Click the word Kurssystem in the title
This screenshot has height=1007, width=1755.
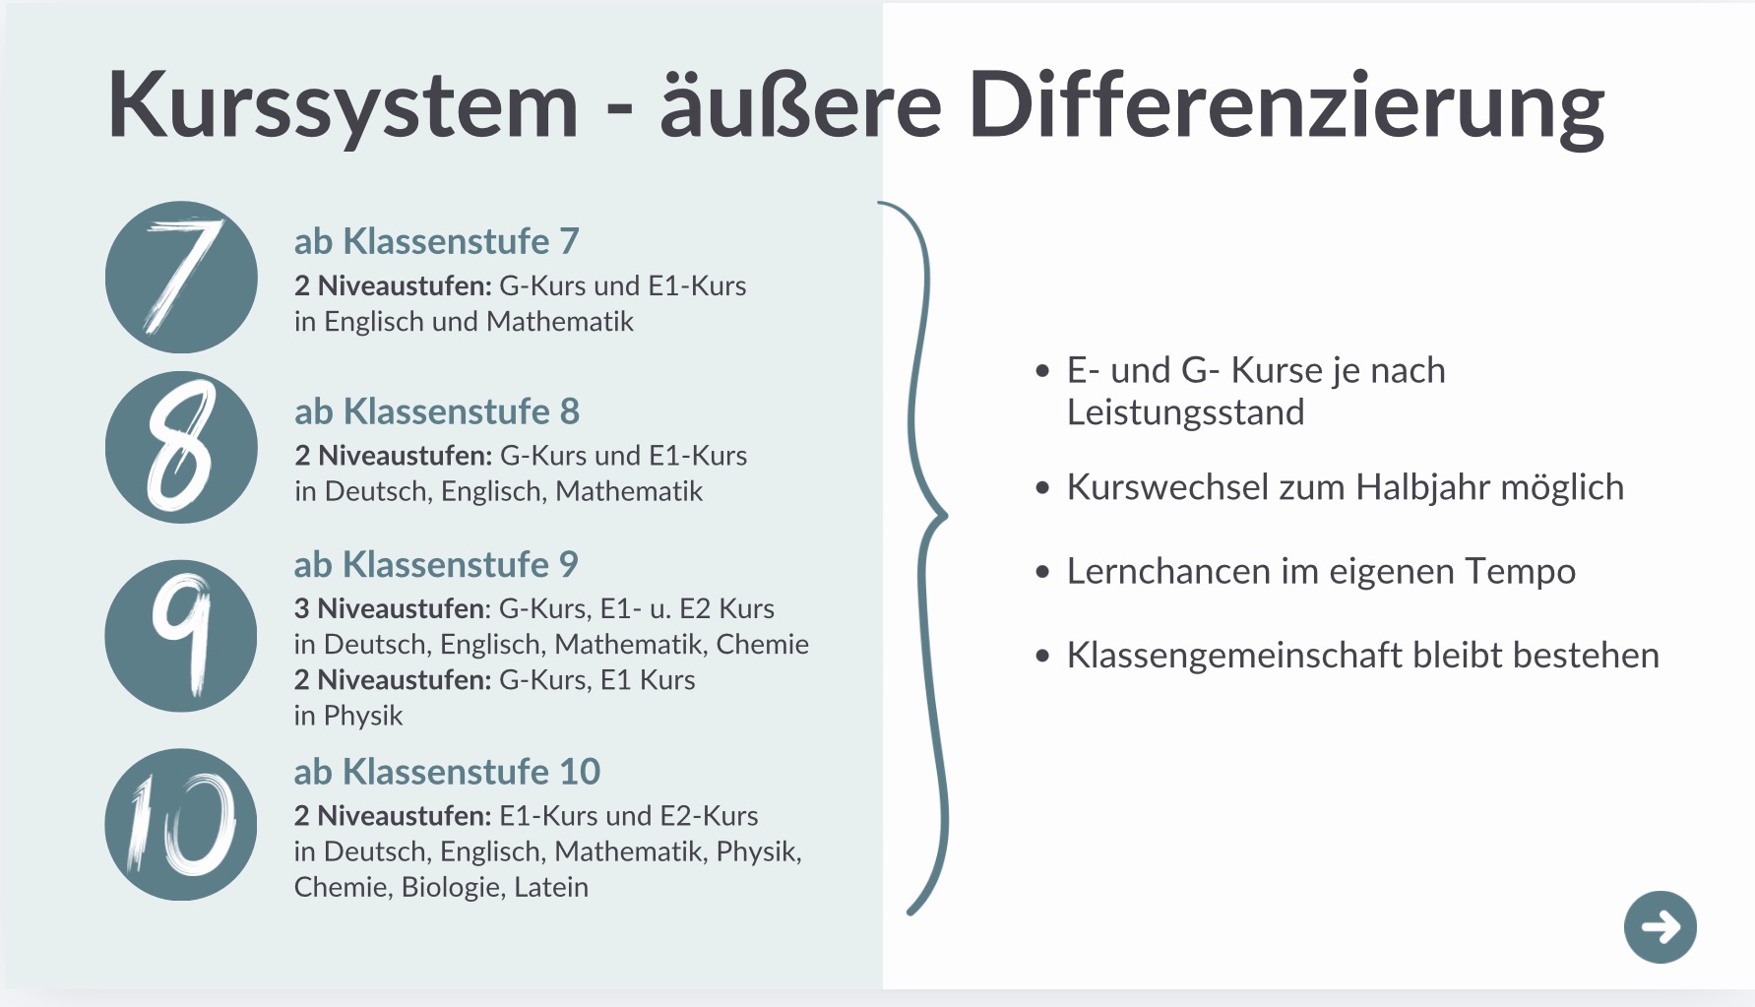pos(343,106)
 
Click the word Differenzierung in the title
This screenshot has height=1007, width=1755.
pos(1286,106)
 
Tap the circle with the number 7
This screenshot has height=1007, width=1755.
pos(181,278)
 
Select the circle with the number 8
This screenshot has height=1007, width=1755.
pos(181,447)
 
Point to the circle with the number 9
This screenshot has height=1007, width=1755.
pos(181,636)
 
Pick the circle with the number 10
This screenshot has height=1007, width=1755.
pos(181,825)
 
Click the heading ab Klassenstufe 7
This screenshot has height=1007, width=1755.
pos(436,241)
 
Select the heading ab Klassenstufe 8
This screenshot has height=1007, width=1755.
pos(437,411)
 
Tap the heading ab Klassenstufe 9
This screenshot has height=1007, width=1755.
pos(436,565)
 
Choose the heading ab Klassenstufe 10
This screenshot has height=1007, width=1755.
pos(447,772)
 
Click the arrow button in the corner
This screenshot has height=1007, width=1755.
pos(1661,927)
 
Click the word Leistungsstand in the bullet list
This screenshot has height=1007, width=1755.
pos(1185,412)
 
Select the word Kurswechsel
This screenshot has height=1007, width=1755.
pos(1165,487)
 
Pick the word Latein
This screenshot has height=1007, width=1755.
pos(551,887)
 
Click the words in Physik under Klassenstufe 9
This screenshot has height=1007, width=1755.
pos(348,716)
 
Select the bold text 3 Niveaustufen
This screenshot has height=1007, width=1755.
pos(390,608)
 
